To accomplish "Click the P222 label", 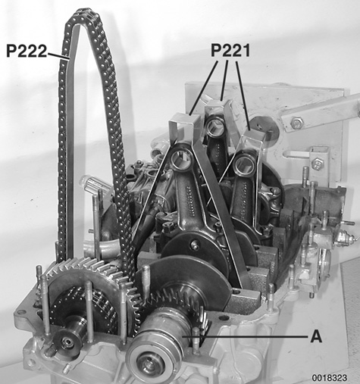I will pyautogui.click(x=26, y=51).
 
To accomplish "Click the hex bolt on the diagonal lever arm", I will pyautogui.click(x=297, y=121).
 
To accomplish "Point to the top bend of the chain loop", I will pyautogui.click(x=86, y=14).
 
